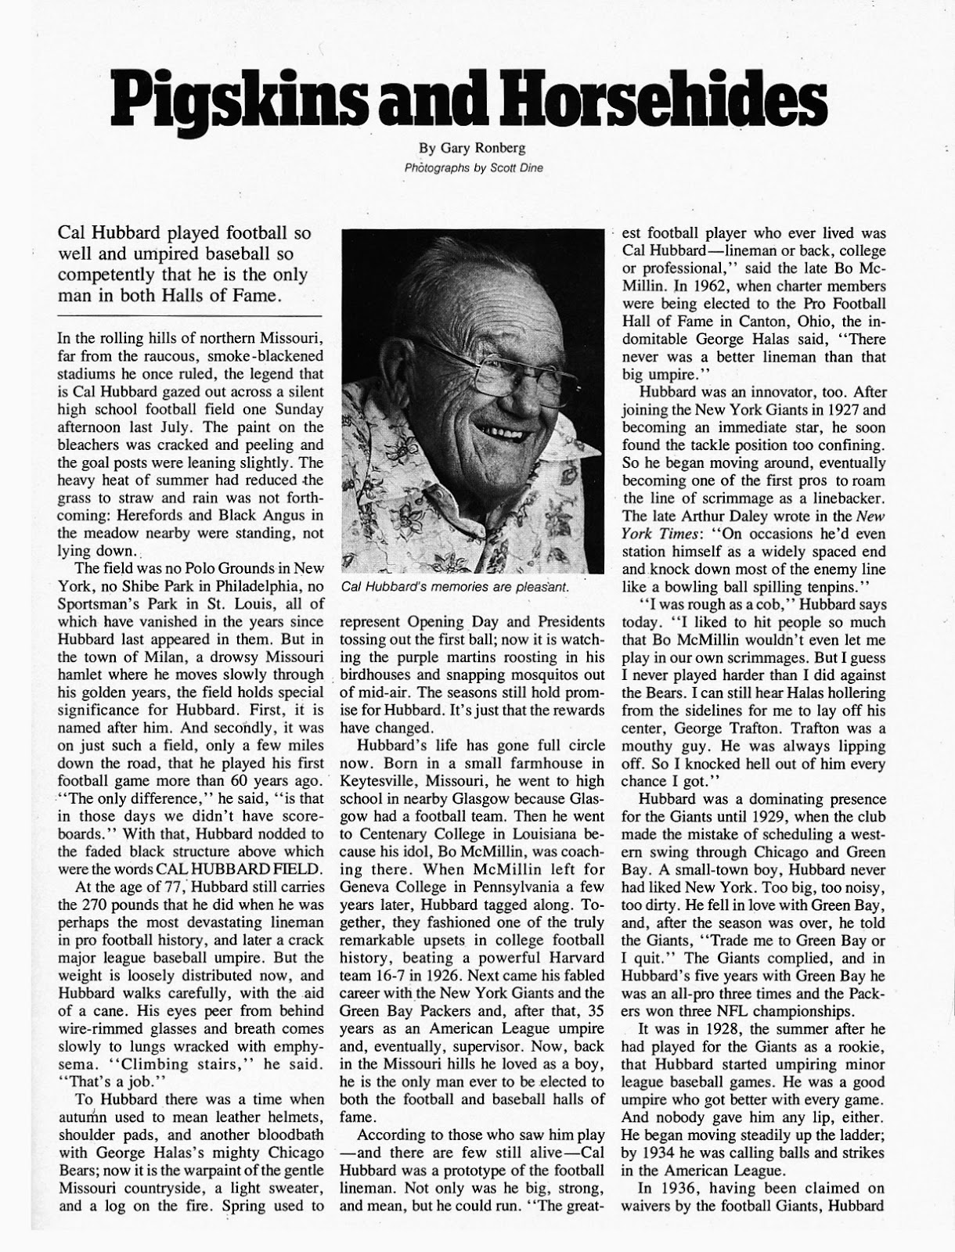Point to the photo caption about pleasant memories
(x=455, y=586)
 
